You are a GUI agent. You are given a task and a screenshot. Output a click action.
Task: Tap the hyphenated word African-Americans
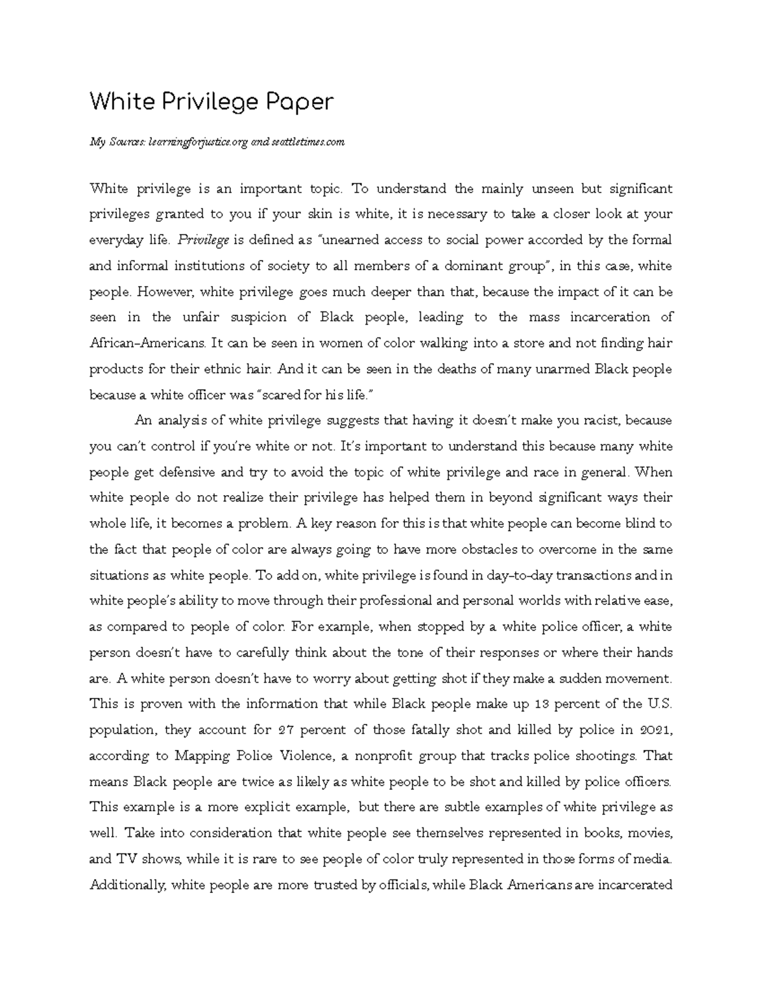point(148,344)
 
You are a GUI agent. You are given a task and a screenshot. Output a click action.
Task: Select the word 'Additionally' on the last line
point(127,885)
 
